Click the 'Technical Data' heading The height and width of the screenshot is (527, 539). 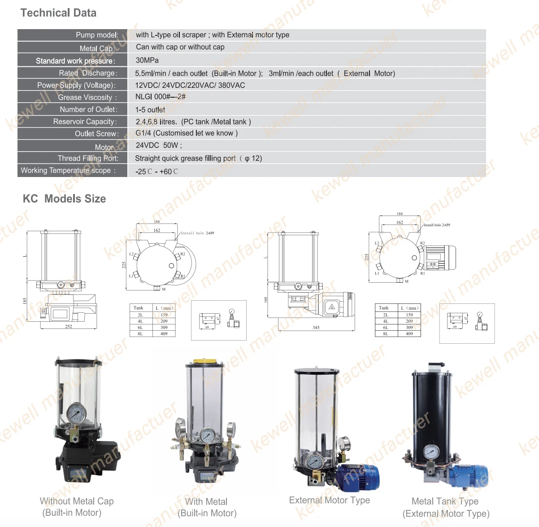(58, 13)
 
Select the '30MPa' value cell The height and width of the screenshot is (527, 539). (147, 60)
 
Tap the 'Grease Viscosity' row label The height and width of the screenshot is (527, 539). (87, 97)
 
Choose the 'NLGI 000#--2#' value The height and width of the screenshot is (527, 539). (160, 97)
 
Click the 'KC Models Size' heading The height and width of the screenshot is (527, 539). (64, 199)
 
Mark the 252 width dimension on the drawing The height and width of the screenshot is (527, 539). (69, 327)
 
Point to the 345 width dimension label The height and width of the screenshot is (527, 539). (316, 328)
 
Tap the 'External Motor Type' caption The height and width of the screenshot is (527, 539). (330, 500)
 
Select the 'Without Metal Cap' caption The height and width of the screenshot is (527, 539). (77, 501)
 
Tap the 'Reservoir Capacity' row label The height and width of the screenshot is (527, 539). (85, 121)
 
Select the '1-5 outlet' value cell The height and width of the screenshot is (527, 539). (150, 110)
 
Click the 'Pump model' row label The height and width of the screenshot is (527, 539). (97, 35)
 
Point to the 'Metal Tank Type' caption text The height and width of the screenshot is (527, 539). (445, 501)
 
